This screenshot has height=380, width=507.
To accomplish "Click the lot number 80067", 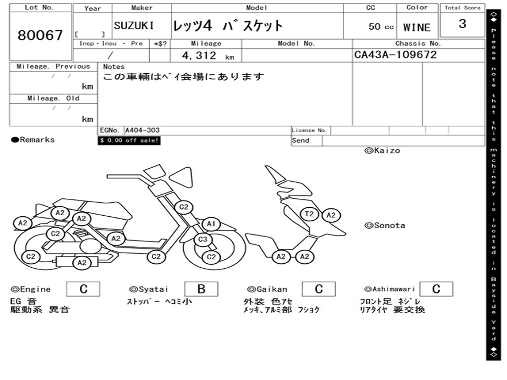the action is pos(40,35).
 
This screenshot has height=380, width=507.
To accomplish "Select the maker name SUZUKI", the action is pos(134,26).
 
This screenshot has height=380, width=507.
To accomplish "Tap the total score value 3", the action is pos(462,24).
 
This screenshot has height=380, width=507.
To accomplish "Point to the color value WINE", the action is pos(417,27).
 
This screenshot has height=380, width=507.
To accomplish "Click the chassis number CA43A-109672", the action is pos(395,54).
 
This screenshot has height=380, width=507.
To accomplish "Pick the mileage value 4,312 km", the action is pos(207,56).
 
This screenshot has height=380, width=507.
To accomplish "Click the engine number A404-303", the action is pos(142,131).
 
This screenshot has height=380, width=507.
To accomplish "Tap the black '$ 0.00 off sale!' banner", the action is pos(129,141).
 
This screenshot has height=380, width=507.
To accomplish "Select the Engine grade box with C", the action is pos(83,289).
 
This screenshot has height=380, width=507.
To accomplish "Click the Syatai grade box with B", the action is pos(201,289).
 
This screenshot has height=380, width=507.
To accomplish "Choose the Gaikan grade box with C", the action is pos(318,289).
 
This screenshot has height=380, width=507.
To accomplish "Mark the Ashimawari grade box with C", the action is pos(436,289).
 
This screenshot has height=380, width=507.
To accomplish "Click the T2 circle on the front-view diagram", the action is pos(309,214).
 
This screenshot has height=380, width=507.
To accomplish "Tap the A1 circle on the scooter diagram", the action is pos(211,224).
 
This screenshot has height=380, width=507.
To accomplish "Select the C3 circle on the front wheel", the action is pos(202,240).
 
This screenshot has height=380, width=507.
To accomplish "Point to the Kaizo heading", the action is pos(382,150).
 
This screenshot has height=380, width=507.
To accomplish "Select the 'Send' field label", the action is pos(301,141).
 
